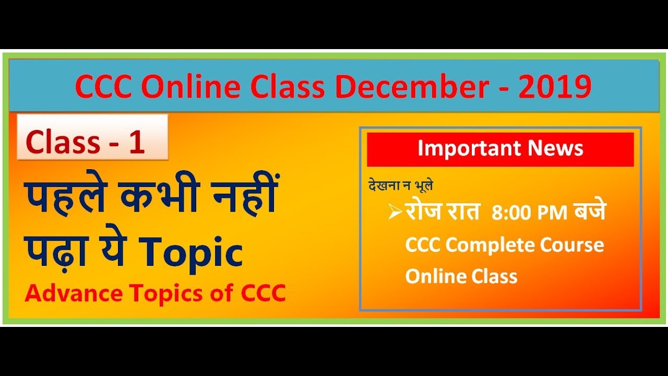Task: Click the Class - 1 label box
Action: (x=92, y=138)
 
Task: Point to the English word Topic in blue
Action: (x=192, y=253)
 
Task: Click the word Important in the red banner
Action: (x=469, y=149)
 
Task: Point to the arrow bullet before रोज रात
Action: (x=395, y=213)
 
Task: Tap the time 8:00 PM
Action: (x=530, y=214)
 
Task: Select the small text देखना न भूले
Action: (x=401, y=185)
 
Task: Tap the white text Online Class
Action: (x=461, y=276)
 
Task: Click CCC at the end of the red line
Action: (x=264, y=293)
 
